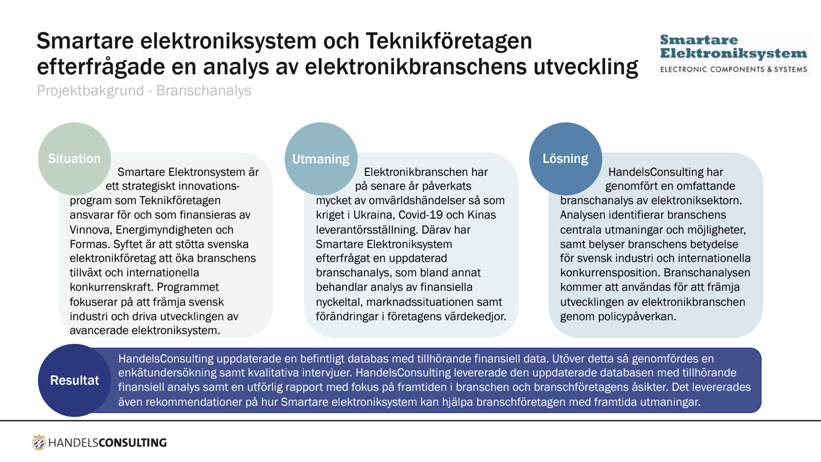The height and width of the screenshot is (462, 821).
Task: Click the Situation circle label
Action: coord(74,159)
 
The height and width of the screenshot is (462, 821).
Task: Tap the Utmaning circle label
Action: coord(321,159)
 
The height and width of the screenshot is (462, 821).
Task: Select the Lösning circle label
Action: coord(566,159)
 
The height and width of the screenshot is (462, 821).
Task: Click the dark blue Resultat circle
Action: coord(75,381)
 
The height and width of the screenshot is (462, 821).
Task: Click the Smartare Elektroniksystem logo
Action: coord(733,54)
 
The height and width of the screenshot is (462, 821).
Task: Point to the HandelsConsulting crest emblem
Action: coord(39,442)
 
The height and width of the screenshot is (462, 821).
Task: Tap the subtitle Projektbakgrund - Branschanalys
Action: coord(144,91)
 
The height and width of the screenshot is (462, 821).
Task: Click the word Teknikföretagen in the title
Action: coord(449,41)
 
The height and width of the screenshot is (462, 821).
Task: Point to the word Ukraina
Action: coord(373,215)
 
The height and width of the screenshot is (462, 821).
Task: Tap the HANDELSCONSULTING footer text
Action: coord(108,443)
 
